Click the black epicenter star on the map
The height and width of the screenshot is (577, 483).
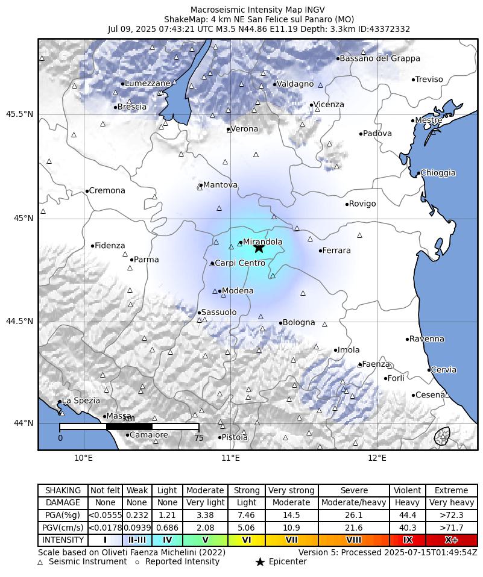coord(259,248)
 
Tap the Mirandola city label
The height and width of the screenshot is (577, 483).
coord(263,242)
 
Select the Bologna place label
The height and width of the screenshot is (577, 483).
coord(298,323)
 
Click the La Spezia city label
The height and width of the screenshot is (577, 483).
coord(81,401)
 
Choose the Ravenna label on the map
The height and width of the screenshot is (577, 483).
coord(427,339)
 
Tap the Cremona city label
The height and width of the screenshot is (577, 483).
coord(107,191)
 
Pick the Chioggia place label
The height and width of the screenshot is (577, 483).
coord(438,173)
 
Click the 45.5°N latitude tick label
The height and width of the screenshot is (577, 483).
coord(19,114)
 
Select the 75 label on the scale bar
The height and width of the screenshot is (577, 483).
coord(198,438)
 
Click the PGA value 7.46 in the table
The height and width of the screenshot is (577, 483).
coord(247,515)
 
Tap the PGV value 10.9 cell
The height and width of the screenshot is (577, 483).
coord(291,528)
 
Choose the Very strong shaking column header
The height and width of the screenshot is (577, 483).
coord(291,490)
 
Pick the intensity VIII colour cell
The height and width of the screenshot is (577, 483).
coord(353,540)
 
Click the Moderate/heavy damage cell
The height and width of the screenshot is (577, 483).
coord(353,502)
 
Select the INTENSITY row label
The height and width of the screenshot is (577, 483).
coord(63,540)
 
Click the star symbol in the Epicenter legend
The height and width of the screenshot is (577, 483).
coord(260,562)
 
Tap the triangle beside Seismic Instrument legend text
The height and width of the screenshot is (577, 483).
coord(40,562)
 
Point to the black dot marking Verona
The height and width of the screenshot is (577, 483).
coord(228,129)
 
